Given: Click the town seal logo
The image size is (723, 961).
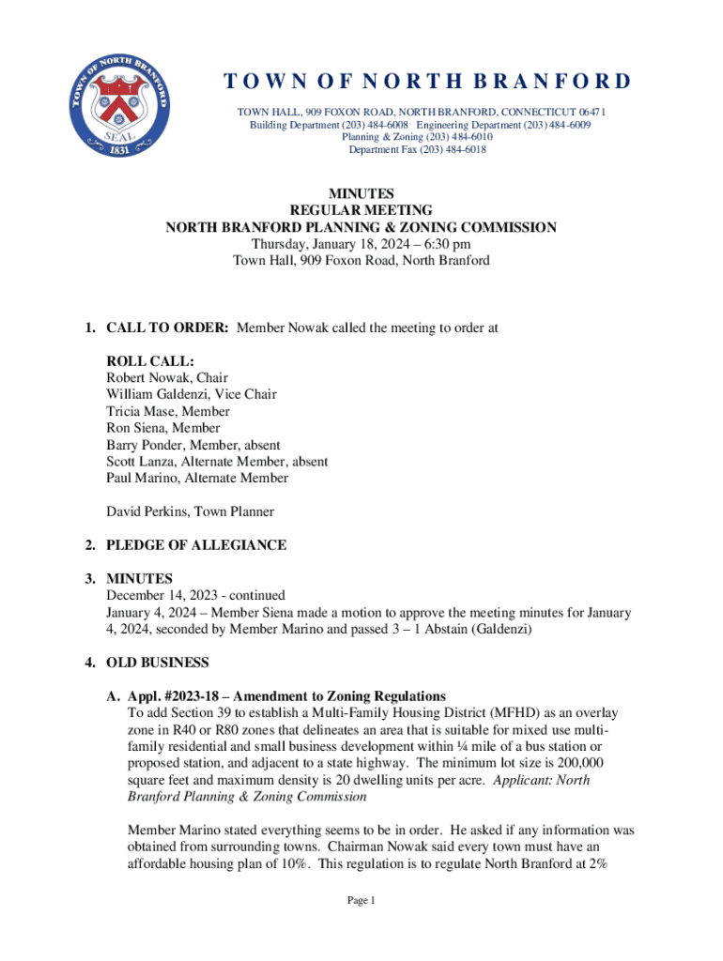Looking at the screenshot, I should pyautogui.click(x=118, y=115).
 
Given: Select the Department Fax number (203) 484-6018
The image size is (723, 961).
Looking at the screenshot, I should pyautogui.click(x=451, y=149).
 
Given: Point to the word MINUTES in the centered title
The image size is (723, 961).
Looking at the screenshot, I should pyautogui.click(x=361, y=193).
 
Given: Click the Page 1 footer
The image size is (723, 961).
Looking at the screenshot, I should pyautogui.click(x=361, y=901).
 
